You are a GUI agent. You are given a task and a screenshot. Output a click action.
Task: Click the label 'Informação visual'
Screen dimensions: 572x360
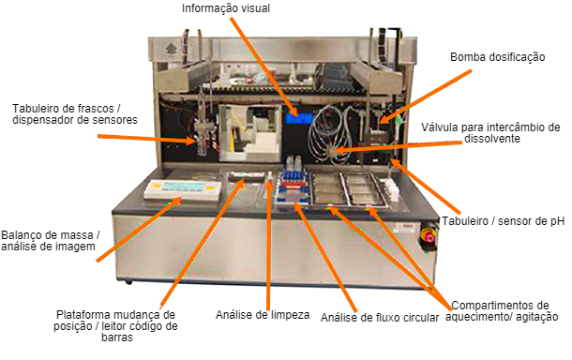226,9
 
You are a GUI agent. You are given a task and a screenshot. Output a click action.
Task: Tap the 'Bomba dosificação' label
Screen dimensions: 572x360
497,56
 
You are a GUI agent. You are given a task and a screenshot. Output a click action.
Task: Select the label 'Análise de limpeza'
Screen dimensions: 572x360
263,314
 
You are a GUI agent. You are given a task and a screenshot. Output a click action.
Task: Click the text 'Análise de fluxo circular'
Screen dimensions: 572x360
380,318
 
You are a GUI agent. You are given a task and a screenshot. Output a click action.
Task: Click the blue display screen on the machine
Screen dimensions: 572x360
300,117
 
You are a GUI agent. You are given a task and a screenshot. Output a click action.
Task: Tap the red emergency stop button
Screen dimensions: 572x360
432,235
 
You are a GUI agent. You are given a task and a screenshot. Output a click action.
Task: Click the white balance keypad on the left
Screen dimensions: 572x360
181,189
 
